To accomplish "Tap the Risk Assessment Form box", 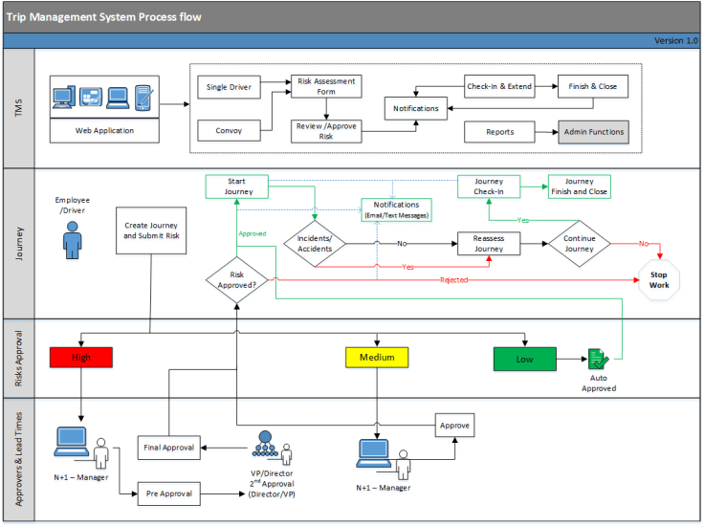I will (x=326, y=87).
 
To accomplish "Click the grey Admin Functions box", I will (x=594, y=132).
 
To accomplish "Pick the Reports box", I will (x=499, y=132).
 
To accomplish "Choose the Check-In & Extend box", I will (x=499, y=87).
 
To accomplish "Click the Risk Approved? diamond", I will (x=237, y=279).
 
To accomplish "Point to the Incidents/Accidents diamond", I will (x=315, y=244).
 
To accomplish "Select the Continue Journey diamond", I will (x=580, y=244).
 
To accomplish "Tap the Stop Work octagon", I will (x=658, y=280).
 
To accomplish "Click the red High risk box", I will (x=80, y=358).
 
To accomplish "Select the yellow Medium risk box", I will (x=377, y=358).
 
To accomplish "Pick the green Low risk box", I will (x=524, y=359).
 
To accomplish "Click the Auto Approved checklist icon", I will (x=599, y=360).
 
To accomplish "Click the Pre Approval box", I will (x=168, y=494).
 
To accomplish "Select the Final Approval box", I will (x=168, y=447).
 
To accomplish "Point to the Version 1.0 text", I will (x=676, y=40).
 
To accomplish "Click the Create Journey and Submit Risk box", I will (x=150, y=230).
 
